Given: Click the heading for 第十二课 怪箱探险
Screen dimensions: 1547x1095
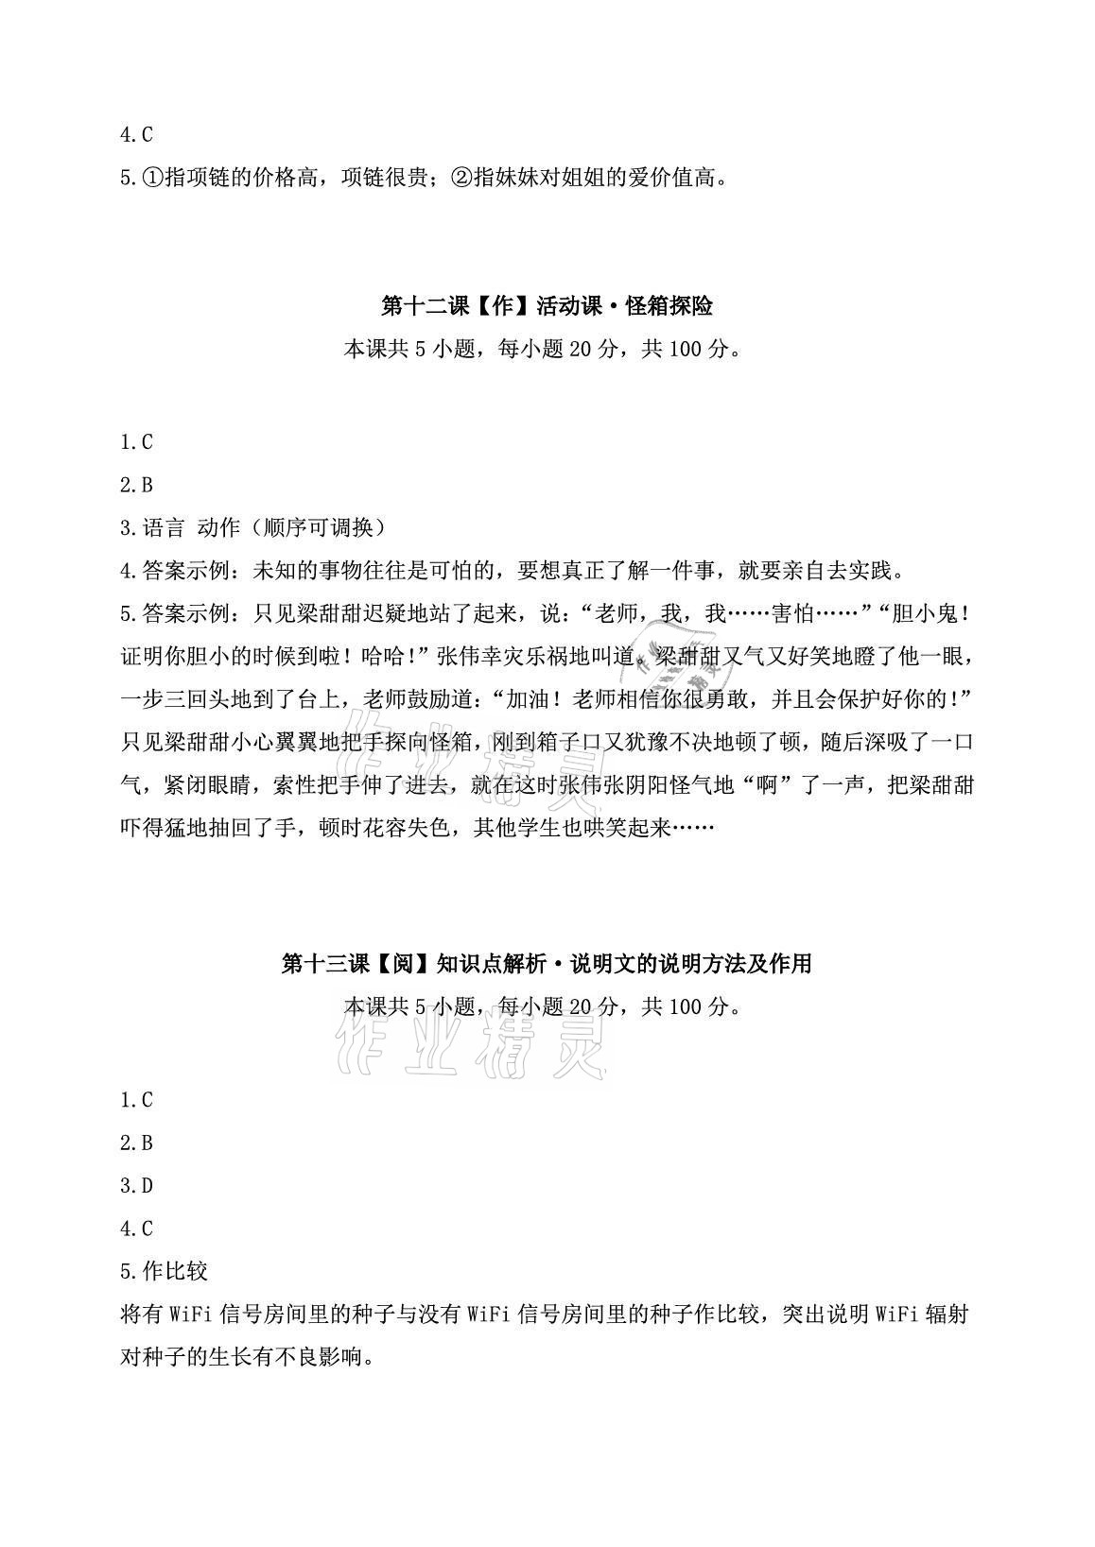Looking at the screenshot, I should [x=547, y=306].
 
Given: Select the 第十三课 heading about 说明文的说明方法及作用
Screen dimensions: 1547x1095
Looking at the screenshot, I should [x=547, y=964].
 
